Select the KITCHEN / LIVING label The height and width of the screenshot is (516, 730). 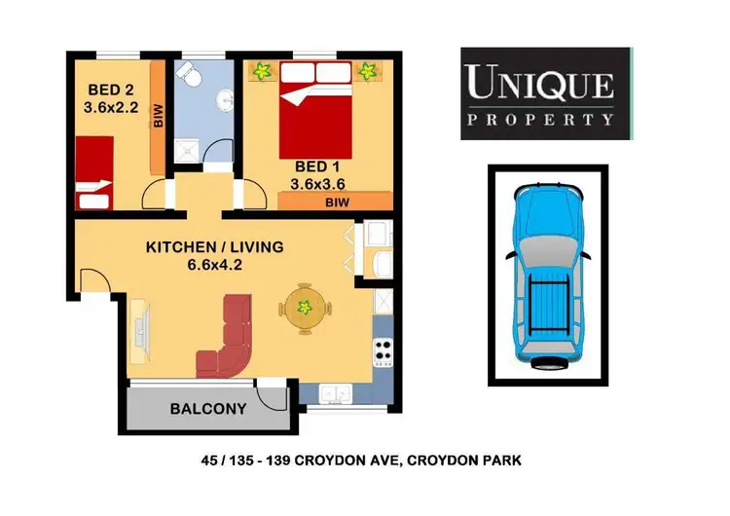(x=214, y=247)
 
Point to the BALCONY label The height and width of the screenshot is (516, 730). (x=207, y=409)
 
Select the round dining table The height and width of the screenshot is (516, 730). (x=304, y=311)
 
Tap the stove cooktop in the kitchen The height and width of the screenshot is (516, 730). (x=383, y=350)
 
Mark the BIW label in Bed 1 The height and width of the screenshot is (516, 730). (x=335, y=202)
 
